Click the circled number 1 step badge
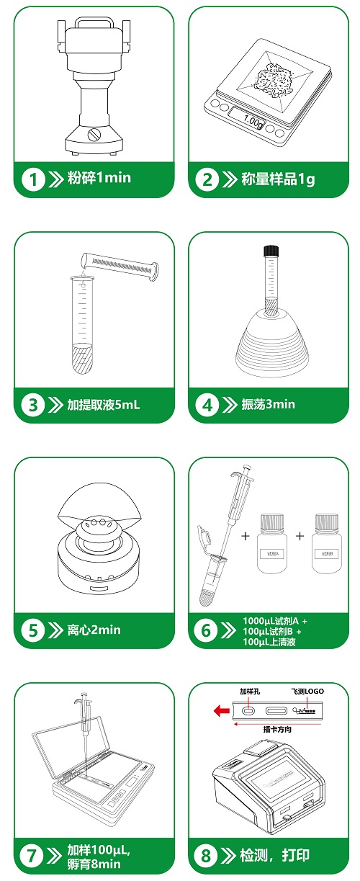33,179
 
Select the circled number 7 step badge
33,856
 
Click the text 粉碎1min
99,178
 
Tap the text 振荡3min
269,405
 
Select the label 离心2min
94,630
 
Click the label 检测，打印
276,856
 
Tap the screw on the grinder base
94,134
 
